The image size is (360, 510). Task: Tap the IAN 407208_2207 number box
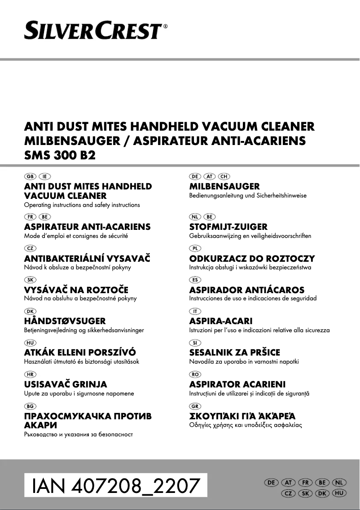116,486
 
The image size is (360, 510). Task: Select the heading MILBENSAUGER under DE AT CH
224,186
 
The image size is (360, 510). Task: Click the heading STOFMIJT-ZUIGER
228,227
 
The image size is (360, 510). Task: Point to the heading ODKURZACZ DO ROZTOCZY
252,259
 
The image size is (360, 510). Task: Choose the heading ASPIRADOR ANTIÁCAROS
246,290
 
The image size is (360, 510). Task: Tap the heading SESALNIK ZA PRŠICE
234,353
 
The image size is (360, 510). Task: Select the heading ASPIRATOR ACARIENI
237,385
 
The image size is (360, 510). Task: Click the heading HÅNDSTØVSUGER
65,321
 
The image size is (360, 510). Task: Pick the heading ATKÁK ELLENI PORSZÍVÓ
79,353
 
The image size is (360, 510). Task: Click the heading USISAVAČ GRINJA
65,385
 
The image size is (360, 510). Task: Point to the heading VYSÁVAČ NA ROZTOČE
76,290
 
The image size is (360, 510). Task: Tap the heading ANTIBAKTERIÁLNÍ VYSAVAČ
87,259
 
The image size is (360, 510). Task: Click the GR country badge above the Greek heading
194,406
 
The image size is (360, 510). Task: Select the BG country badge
30,406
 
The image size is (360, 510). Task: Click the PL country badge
194,248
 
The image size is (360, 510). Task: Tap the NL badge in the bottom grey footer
340,482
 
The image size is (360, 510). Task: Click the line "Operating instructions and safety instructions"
82,205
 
